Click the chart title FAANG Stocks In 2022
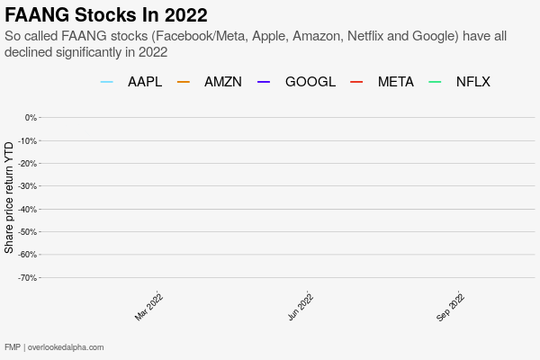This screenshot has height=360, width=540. [106, 15]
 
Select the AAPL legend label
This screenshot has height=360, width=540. [145, 82]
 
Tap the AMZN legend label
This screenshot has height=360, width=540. [223, 82]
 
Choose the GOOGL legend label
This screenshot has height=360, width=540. [310, 82]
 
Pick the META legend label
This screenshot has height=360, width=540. [396, 82]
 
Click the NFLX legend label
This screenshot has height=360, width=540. [473, 82]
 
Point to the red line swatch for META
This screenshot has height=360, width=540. [355, 82]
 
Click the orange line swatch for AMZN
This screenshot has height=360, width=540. [184, 82]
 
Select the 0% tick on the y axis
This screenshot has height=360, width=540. [31, 118]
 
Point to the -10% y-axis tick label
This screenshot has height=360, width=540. [28, 140]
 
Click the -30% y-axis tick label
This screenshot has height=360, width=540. [28, 186]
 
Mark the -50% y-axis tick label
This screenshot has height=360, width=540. [28, 232]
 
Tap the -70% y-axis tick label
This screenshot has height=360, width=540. [28, 278]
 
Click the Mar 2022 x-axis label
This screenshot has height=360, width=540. [149, 306]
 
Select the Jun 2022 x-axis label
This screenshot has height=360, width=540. [301, 306]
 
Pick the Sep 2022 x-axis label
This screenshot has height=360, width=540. [451, 306]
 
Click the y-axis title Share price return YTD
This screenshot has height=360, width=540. [9, 197]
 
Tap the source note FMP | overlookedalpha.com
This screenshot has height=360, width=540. [54, 347]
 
